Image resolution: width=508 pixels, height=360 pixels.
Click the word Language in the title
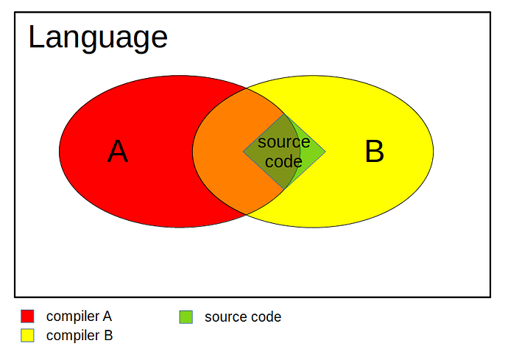[x=98, y=38]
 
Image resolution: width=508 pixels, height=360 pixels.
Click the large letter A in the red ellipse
[x=118, y=152]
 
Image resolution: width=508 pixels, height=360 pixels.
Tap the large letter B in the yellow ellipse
[x=375, y=152]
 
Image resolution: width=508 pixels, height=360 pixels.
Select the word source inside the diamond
[x=283, y=142]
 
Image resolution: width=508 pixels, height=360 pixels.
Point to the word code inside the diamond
[x=283, y=161]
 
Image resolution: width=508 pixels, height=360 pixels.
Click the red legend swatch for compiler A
[x=27, y=317]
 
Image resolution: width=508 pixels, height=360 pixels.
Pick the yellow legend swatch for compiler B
[x=27, y=336]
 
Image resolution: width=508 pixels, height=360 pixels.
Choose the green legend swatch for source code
[x=186, y=317]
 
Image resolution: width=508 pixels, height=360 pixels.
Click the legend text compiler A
[x=79, y=317]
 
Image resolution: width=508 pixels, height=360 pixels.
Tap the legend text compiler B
[x=80, y=336]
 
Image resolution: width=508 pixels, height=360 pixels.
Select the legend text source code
[x=243, y=317]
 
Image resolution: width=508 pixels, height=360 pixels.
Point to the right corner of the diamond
[x=325, y=152]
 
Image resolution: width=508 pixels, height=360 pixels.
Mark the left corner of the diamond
[x=243, y=152]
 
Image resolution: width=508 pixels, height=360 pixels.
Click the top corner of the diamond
[x=284, y=114]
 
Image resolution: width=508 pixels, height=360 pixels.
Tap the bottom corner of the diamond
[x=284, y=189]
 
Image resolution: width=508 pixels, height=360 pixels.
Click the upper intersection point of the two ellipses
[x=247, y=88]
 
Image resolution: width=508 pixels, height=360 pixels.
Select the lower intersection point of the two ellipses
[x=247, y=214]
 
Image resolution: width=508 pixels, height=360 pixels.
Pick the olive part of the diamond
[x=272, y=152]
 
